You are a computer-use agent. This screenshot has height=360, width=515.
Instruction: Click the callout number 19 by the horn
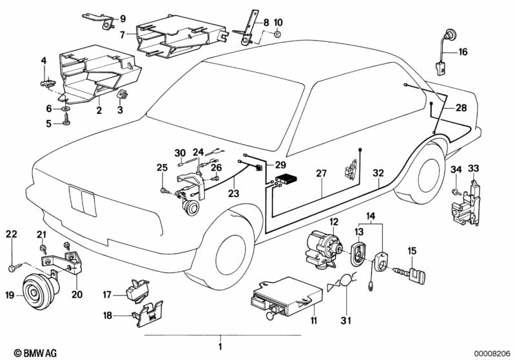point(10,296)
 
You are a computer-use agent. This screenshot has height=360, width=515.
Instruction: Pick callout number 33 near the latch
point(474,169)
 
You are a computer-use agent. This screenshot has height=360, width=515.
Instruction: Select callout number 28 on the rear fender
point(461,108)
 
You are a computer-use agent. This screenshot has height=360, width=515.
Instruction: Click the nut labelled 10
point(277,33)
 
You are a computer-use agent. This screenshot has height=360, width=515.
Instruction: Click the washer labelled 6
point(66,108)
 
